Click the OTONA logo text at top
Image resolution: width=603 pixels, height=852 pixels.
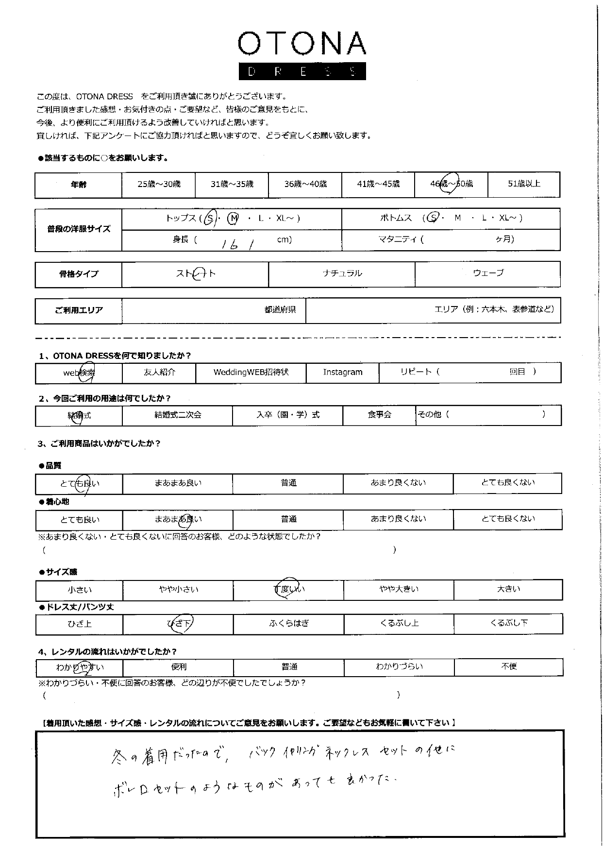click(x=301, y=44)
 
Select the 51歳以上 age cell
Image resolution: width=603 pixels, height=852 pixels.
click(x=523, y=184)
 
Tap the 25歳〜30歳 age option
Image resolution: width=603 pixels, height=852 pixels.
click(x=158, y=184)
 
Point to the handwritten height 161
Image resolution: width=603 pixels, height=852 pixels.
click(x=238, y=245)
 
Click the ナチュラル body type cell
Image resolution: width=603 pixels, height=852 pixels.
click(x=342, y=273)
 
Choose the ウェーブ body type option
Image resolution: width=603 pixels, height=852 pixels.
click(x=488, y=273)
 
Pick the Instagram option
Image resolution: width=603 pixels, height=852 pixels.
click(x=343, y=373)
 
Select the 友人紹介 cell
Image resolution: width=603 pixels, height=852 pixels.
click(x=159, y=373)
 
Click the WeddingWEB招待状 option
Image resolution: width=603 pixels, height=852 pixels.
click(x=251, y=373)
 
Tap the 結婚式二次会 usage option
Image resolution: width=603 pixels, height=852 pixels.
click(x=177, y=415)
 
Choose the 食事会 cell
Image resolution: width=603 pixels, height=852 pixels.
click(x=379, y=415)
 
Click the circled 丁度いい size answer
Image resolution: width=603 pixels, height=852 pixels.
click(x=288, y=589)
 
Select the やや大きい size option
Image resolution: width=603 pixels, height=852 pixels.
click(x=399, y=590)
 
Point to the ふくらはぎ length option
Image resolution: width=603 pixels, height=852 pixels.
click(x=289, y=624)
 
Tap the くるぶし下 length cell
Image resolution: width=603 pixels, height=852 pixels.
click(x=508, y=624)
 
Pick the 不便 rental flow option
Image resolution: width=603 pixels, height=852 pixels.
click(x=508, y=667)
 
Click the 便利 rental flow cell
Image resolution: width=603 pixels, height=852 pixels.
click(x=178, y=667)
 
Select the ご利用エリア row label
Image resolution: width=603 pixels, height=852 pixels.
click(x=79, y=310)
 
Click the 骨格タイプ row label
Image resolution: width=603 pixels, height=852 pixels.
click(x=79, y=274)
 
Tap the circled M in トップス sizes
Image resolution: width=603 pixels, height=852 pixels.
click(x=234, y=219)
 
